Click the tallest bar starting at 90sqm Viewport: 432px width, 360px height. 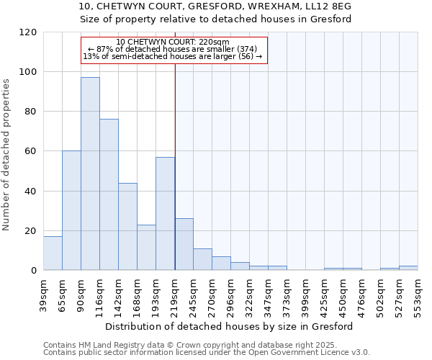pyautogui.click(x=90, y=174)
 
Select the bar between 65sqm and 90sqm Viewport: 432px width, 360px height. pyautogui.click(x=71, y=210)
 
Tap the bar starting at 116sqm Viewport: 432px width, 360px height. pyautogui.click(x=109, y=194)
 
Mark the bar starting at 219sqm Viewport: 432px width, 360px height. pyautogui.click(x=184, y=244)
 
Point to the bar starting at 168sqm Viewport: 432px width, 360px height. pyautogui.click(x=146, y=247)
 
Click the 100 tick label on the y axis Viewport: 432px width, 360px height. pyautogui.click(x=28, y=72)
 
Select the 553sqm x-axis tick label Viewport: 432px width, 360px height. pyautogui.click(x=418, y=295)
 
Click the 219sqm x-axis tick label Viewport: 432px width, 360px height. pyautogui.click(x=175, y=295)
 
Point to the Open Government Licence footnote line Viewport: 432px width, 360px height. pyautogui.click(x=207, y=352)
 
